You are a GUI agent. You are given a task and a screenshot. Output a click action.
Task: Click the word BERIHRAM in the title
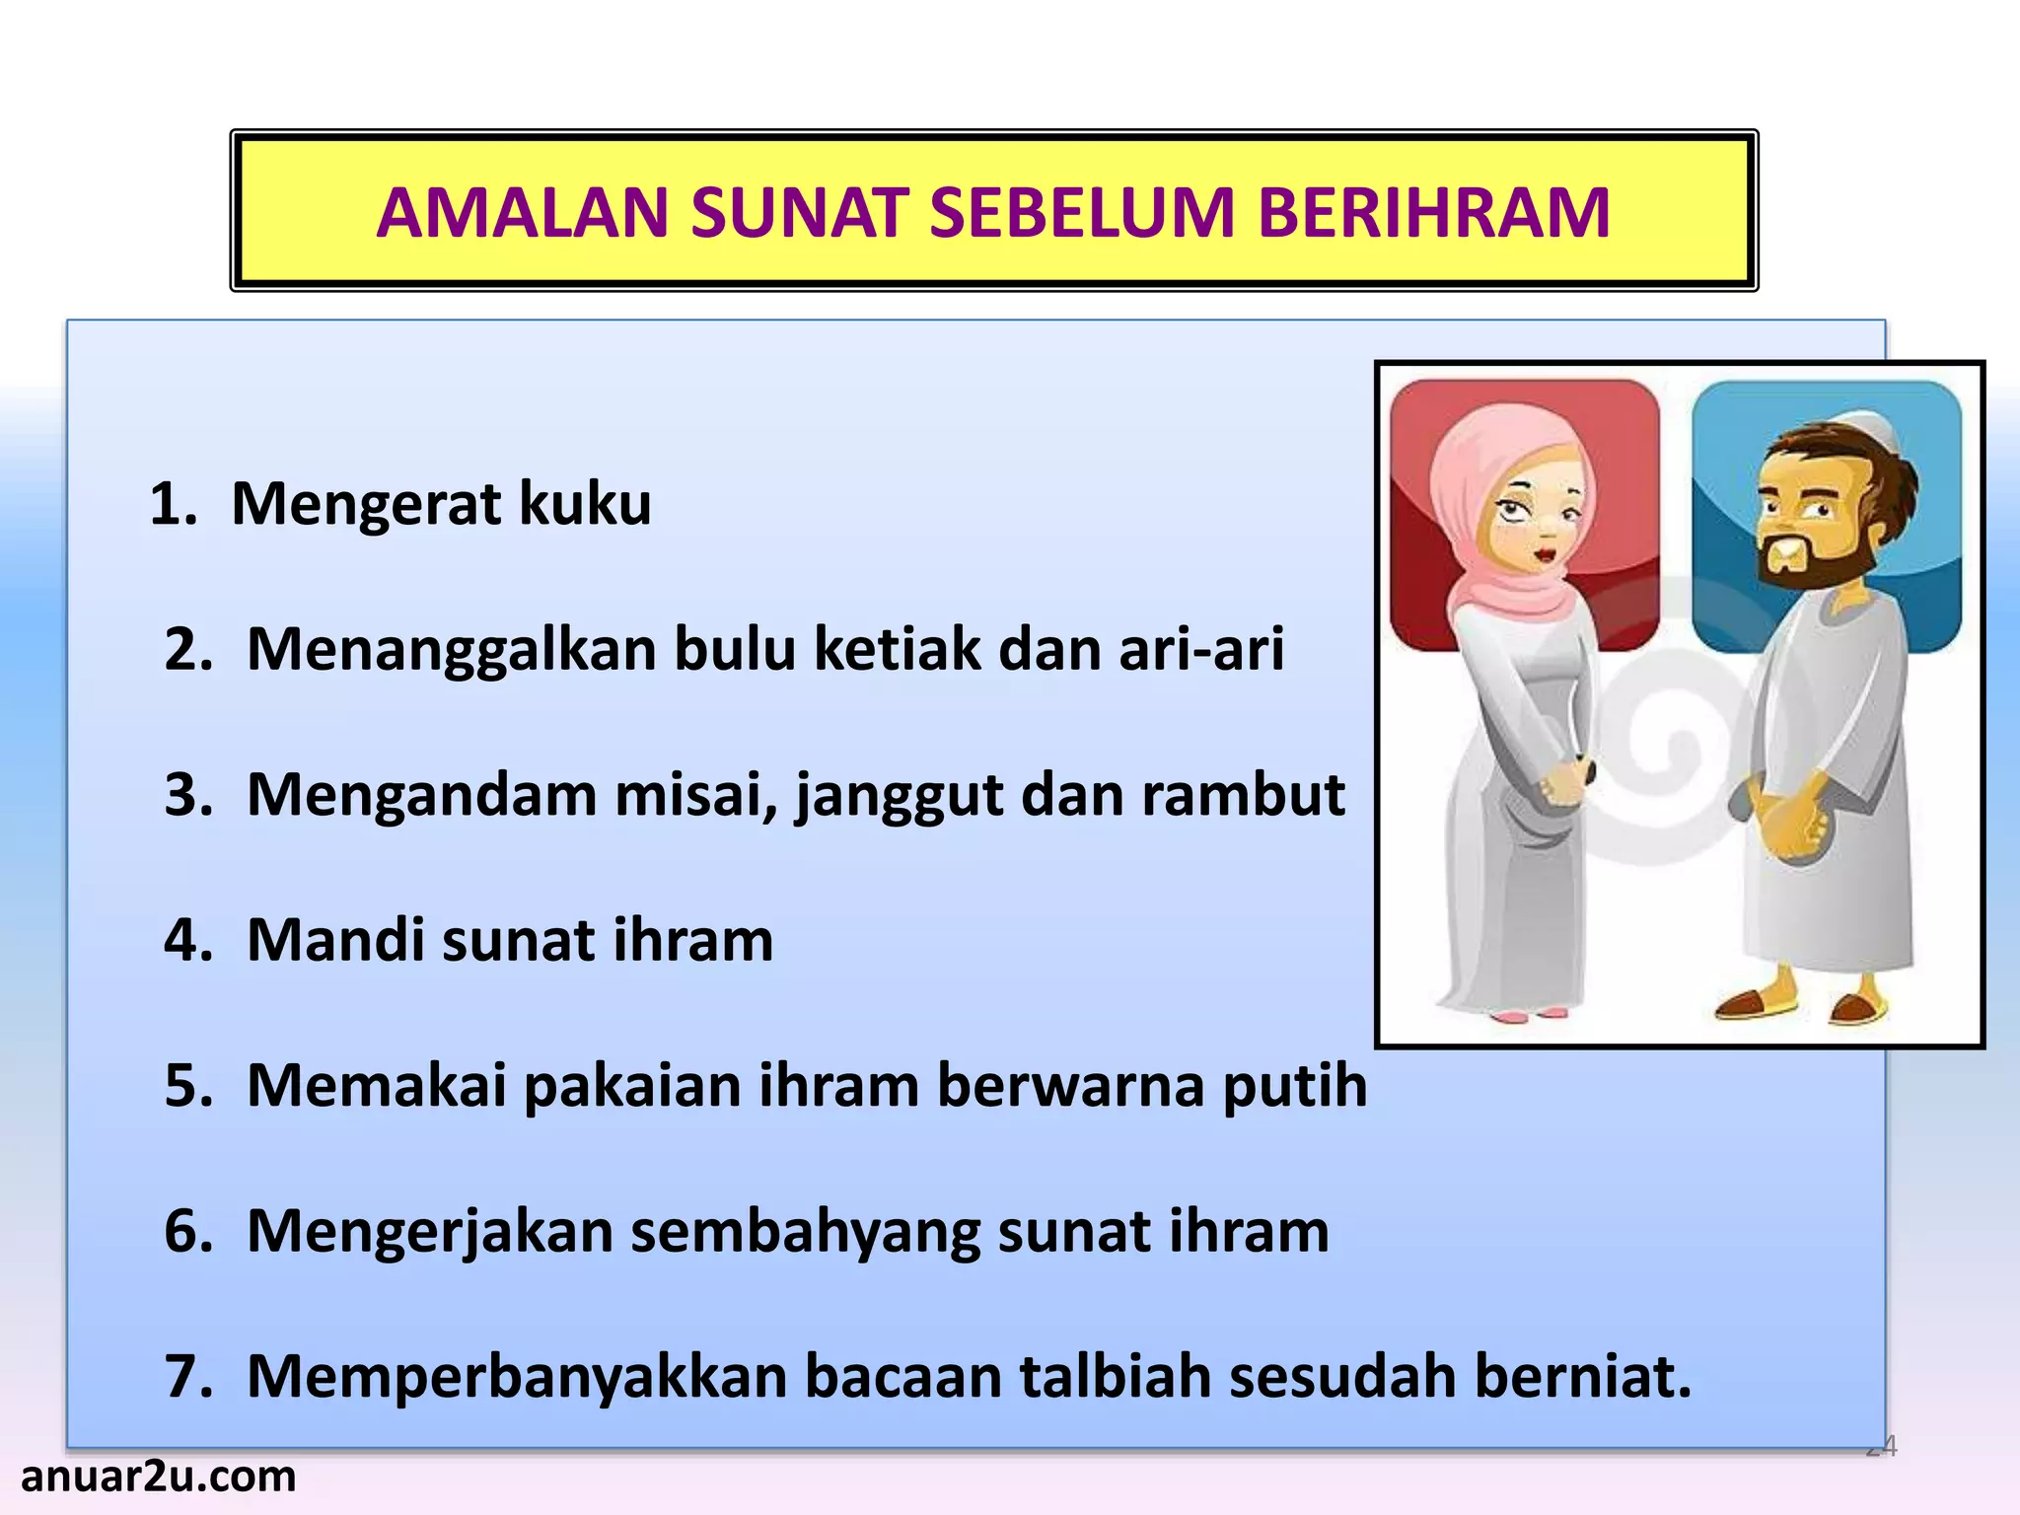pos(1434,213)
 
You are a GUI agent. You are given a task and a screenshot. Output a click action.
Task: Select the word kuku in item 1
pos(585,504)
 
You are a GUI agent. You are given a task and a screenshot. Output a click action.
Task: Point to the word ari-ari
pos(1200,650)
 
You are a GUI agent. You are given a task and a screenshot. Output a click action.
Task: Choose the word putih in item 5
pos(1295,1086)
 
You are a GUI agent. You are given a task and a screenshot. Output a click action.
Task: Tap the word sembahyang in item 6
pos(806,1232)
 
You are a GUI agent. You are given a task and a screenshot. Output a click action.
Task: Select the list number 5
pos(187,1086)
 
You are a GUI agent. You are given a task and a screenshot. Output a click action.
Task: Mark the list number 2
pos(187,650)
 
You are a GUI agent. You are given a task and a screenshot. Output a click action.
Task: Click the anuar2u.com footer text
pos(158,1477)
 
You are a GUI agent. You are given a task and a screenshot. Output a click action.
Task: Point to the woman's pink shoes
pos(1527,1013)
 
